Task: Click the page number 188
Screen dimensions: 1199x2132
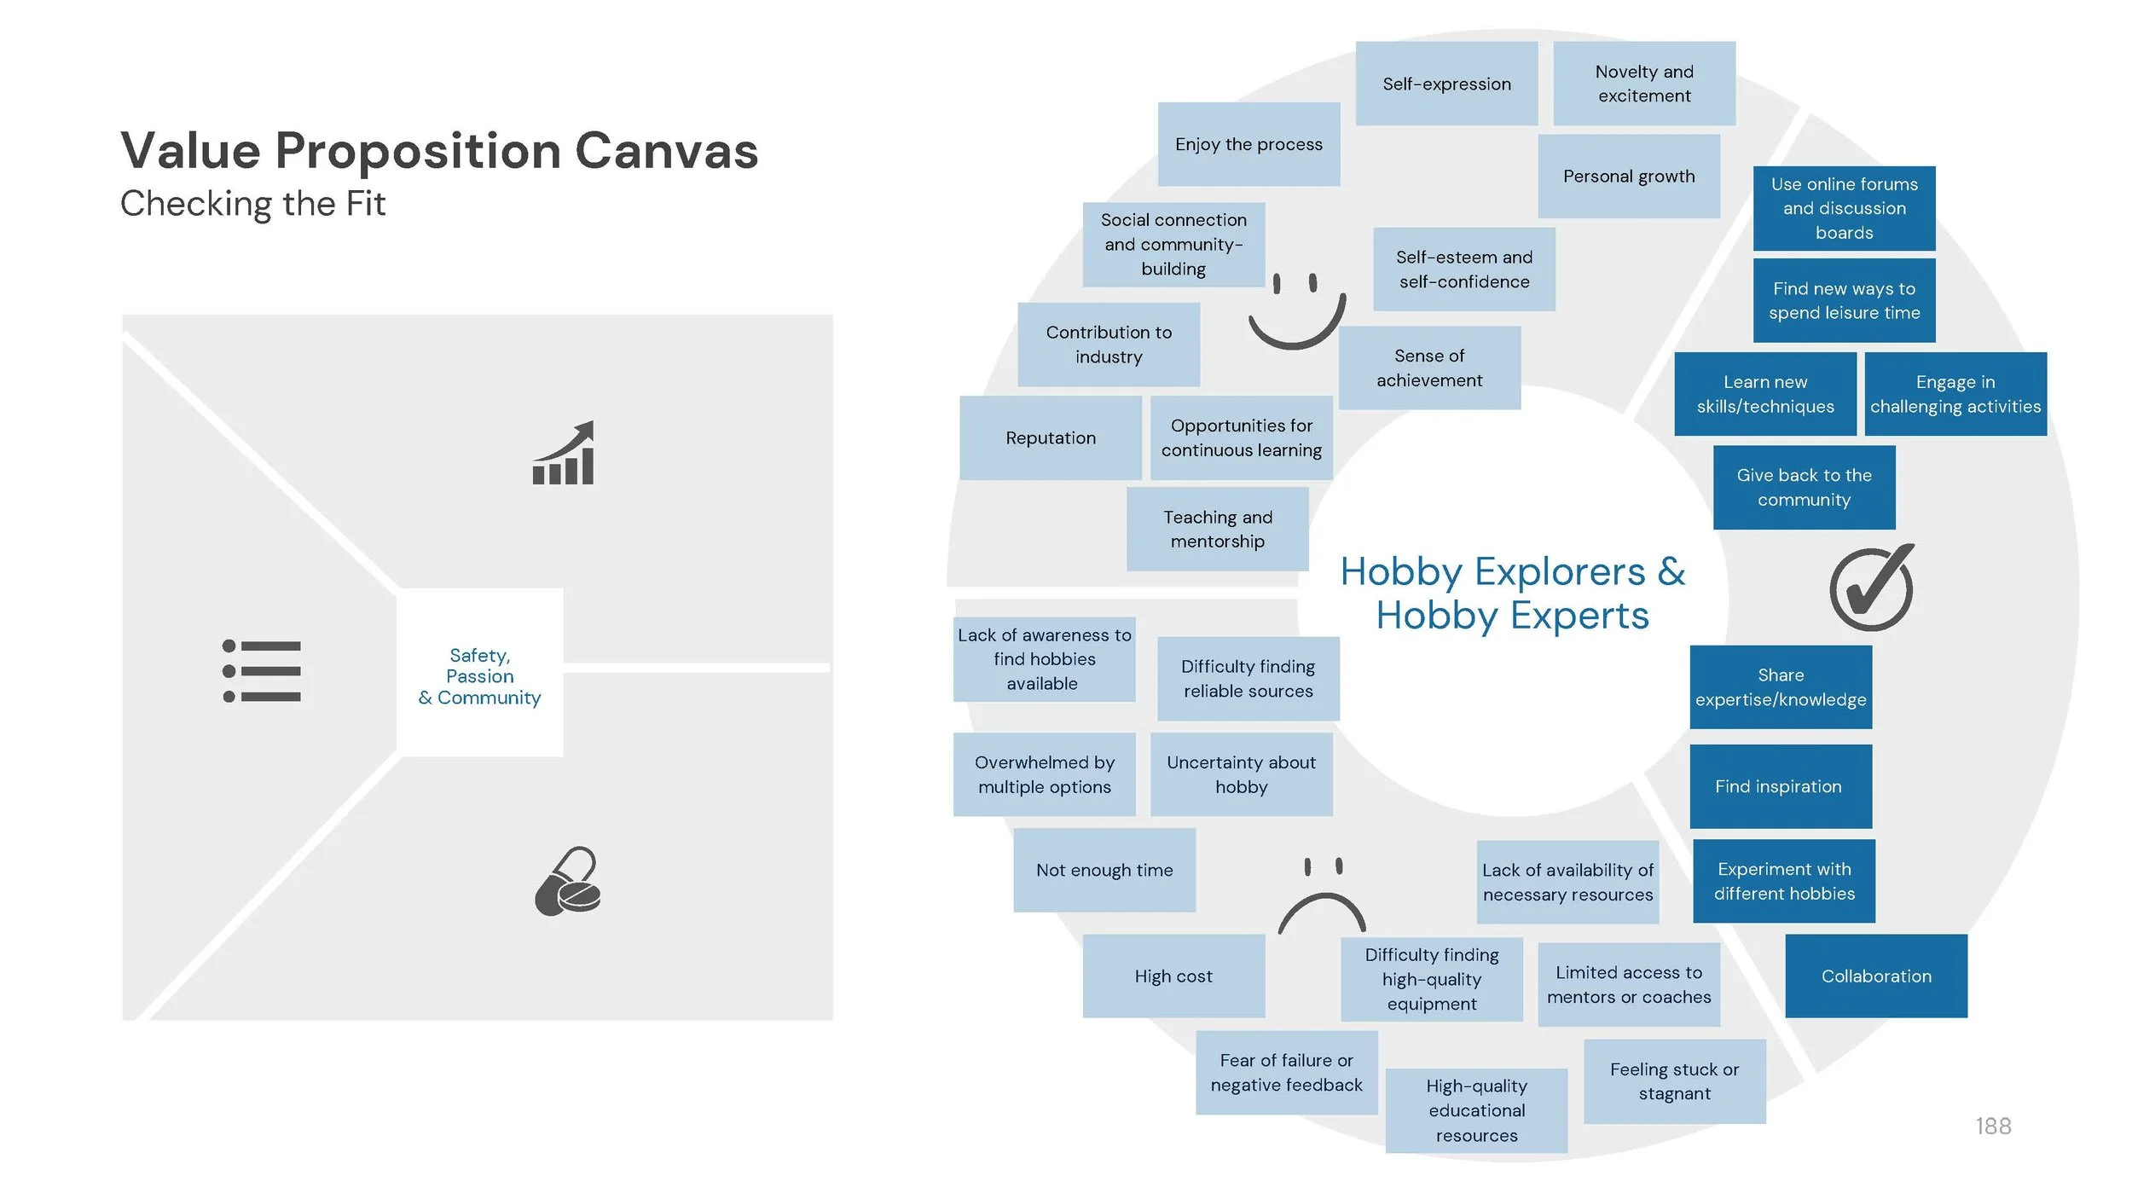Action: pyautogui.click(x=1992, y=1126)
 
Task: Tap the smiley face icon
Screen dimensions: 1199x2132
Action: pyautogui.click(x=1296, y=311)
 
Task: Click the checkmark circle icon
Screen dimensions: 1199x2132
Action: pyautogui.click(x=1871, y=588)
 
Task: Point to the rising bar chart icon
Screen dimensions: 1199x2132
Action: pyautogui.click(x=564, y=454)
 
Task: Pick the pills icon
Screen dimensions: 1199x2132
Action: pyautogui.click(x=568, y=882)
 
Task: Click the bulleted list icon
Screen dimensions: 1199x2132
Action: pyautogui.click(x=262, y=671)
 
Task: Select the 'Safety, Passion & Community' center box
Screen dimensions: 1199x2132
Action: pyautogui.click(x=479, y=676)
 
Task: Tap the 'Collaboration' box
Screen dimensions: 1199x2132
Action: pyautogui.click(x=1876, y=976)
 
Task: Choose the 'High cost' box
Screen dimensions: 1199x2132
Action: pyautogui.click(x=1173, y=976)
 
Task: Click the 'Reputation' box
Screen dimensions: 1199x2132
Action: pyautogui.click(x=1051, y=437)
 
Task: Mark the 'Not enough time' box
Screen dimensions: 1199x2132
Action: pyautogui.click(x=1104, y=870)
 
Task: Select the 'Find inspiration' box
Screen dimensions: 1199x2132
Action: pyautogui.click(x=1780, y=786)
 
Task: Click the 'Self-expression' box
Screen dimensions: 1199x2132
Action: pyautogui.click(x=1446, y=84)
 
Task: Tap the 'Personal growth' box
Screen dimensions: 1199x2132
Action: pyautogui.click(x=1629, y=176)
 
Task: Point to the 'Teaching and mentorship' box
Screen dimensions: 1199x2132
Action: pyautogui.click(x=1217, y=529)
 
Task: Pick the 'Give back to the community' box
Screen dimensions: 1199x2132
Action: pyautogui.click(x=1804, y=487)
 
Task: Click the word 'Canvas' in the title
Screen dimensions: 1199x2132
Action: pyautogui.click(x=666, y=151)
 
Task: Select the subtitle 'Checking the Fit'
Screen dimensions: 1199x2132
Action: pyautogui.click(x=252, y=204)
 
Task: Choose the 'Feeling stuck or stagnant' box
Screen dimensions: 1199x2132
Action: pyautogui.click(x=1674, y=1080)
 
